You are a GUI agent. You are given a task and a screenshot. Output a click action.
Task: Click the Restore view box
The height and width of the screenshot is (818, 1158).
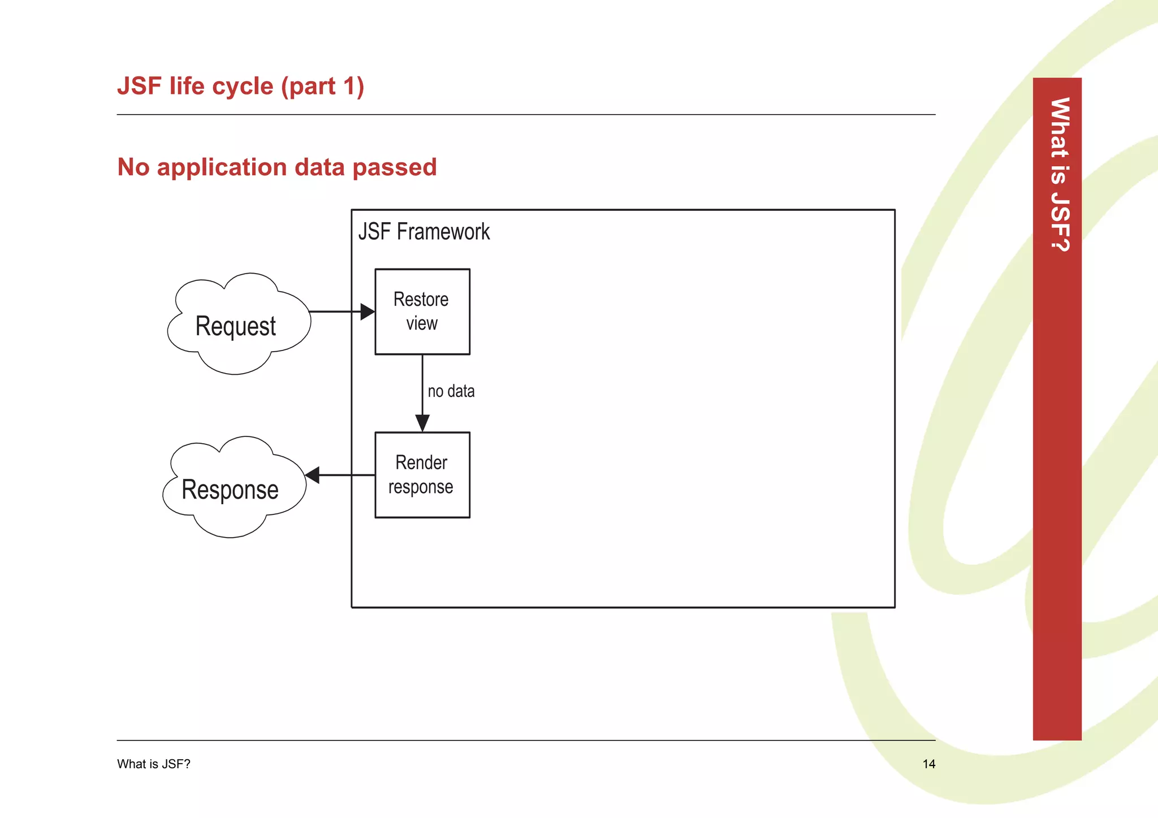(422, 311)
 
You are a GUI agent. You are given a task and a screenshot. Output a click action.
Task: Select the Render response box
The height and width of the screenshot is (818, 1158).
(422, 475)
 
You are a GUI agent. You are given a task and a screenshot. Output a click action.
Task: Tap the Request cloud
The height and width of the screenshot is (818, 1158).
(236, 326)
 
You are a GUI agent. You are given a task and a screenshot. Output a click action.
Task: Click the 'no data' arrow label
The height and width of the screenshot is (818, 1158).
(451, 391)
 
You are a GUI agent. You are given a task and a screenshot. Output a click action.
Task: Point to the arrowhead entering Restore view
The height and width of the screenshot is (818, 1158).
(368, 311)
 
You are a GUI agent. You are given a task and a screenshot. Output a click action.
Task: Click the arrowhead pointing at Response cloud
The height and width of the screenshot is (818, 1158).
(312, 475)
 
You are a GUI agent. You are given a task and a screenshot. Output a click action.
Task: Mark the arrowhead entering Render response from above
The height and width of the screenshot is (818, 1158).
(422, 423)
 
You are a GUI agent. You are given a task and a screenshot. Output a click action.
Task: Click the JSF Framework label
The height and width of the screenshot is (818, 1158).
(424, 232)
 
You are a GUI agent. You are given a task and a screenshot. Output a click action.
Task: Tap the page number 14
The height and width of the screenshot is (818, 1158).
(928, 764)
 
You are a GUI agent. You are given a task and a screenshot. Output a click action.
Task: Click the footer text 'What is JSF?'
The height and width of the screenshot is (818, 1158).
(153, 764)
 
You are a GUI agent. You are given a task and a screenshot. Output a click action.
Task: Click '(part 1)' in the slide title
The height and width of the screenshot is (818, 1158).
(322, 86)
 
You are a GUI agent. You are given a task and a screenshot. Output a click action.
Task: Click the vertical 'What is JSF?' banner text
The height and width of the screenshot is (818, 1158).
(1059, 175)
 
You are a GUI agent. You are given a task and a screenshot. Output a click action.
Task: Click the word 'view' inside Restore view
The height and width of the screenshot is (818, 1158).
(422, 324)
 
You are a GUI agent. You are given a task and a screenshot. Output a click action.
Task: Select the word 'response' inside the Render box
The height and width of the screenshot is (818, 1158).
(421, 487)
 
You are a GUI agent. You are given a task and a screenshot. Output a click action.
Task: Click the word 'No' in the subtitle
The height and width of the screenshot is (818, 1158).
(133, 168)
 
